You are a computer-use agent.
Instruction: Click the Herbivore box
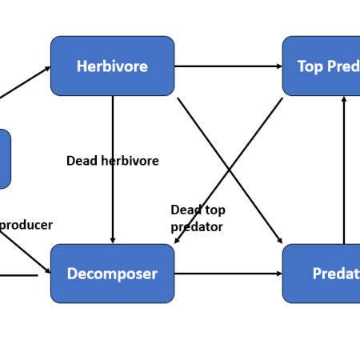[x=112, y=66]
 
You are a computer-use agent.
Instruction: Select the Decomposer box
[x=112, y=274]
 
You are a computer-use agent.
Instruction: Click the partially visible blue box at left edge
[x=5, y=158]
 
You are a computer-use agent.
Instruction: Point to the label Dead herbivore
[x=112, y=161]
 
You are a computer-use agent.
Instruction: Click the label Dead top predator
[x=198, y=218]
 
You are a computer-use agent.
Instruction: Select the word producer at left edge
[x=26, y=225]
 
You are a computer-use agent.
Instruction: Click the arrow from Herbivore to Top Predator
[x=228, y=66]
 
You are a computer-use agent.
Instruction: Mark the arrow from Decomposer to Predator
[x=228, y=274]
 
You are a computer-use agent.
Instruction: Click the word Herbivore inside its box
[x=112, y=66]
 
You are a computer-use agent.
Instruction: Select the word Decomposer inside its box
[x=112, y=274]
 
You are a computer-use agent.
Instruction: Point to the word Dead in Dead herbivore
[x=81, y=161]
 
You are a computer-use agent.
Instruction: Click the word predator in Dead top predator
[x=197, y=226]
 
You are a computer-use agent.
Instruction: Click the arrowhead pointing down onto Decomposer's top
[x=113, y=239]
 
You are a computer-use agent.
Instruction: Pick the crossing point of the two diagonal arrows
[x=230, y=170]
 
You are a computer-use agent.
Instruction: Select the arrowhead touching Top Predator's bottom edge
[x=344, y=100]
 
